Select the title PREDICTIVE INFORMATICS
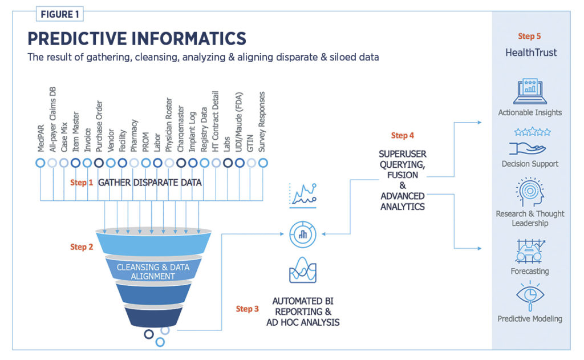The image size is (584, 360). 137,38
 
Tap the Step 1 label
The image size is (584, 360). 81,183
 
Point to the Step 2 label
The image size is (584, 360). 81,247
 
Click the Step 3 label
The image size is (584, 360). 247,309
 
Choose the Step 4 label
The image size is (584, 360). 403,135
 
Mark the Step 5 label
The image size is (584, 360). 530,37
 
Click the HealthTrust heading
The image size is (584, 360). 530,52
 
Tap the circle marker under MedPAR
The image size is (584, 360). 40,163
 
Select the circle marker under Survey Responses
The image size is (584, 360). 263,163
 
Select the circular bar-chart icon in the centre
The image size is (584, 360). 302,234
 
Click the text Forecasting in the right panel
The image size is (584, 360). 530,271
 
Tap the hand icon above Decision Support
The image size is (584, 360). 530,147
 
